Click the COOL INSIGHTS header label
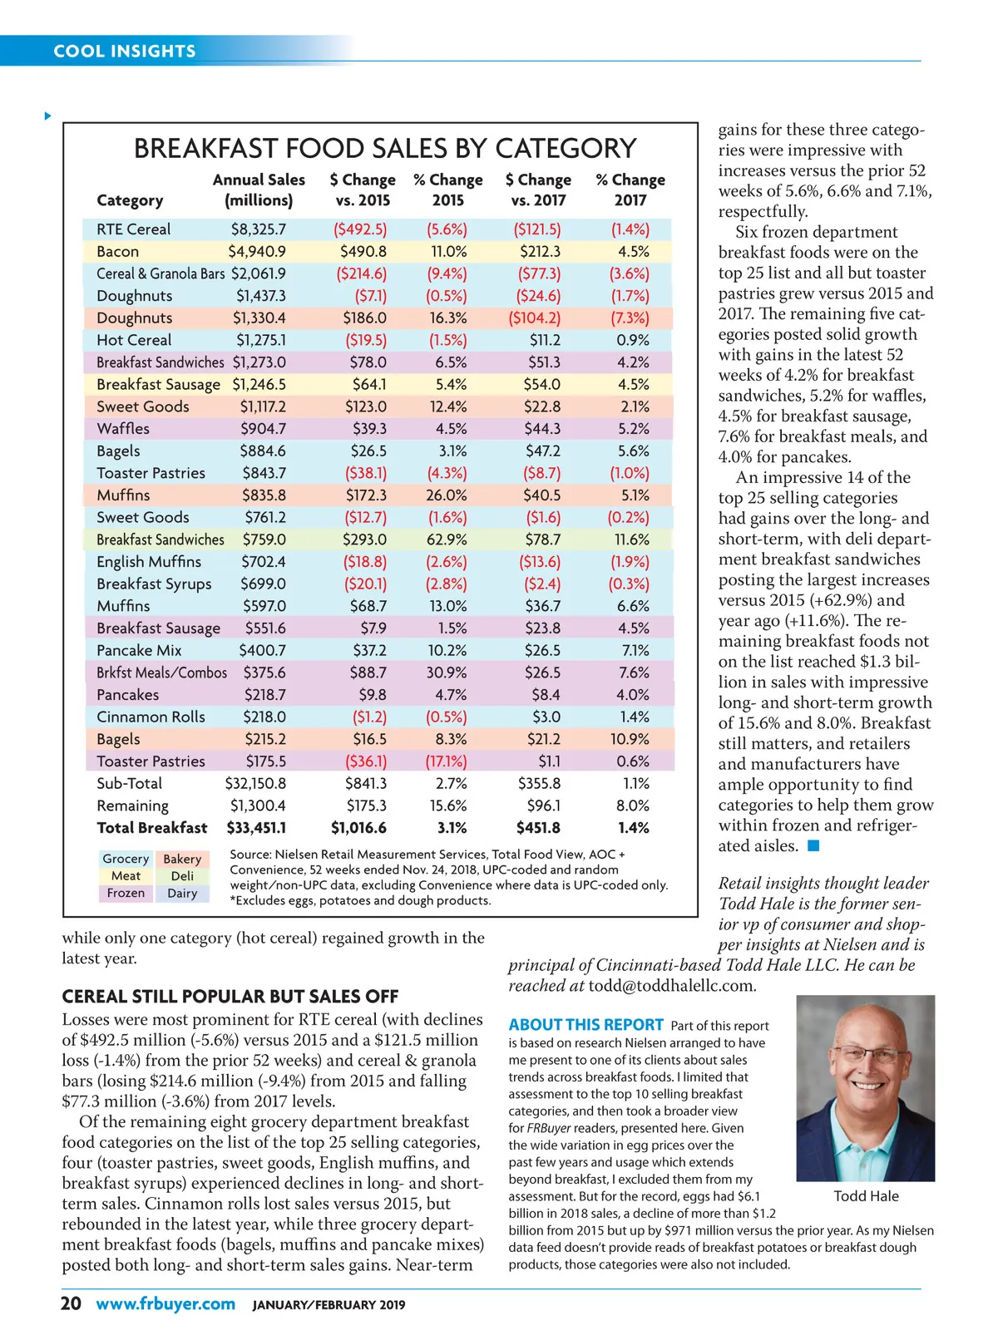click(125, 52)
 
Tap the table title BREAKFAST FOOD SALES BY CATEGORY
click(385, 149)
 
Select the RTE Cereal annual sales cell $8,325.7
click(258, 229)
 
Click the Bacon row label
click(117, 252)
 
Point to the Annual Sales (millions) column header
click(259, 190)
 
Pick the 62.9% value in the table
click(447, 539)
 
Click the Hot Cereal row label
click(134, 340)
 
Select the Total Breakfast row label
click(151, 828)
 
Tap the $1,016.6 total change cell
click(358, 828)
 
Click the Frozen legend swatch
click(126, 894)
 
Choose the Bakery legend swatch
click(182, 859)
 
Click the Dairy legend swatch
click(182, 894)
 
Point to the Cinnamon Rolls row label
click(151, 717)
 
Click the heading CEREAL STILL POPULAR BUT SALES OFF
click(230, 997)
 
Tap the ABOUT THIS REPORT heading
click(585, 1025)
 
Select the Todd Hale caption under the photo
click(866, 1196)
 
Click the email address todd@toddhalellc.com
click(671, 987)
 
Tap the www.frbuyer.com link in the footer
click(166, 1303)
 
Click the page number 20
click(71, 1303)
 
